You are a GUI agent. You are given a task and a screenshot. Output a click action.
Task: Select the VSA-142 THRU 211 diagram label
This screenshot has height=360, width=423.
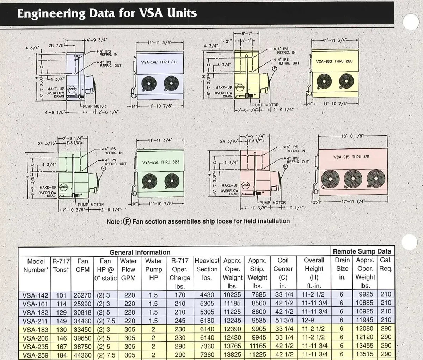pos(159,62)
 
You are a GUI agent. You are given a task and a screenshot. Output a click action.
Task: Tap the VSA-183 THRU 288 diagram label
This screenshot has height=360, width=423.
pos(334,61)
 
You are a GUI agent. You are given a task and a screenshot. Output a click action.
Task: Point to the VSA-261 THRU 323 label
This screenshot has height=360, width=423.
pos(161,163)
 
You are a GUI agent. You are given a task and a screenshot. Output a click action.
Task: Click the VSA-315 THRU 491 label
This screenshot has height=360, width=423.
pos(351,157)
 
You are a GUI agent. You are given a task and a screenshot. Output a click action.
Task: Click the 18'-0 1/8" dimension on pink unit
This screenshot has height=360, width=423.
pos(352,136)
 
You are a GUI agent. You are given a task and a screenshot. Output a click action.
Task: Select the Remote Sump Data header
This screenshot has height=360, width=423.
pos(362,251)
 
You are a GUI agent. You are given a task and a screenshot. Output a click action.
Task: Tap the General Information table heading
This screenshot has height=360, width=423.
pos(140,252)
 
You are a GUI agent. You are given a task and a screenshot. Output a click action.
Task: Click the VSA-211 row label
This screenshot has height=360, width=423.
pos(35,321)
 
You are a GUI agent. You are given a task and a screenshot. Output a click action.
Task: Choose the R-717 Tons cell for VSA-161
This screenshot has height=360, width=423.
pos(61,304)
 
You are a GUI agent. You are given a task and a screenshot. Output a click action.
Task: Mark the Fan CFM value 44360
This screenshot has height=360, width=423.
pos(82,355)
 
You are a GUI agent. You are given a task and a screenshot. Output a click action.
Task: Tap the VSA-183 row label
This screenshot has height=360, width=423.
pos(35,329)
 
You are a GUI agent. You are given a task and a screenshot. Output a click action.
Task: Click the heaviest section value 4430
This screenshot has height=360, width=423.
pos(207,295)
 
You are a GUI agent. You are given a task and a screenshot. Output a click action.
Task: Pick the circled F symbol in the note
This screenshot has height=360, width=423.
pos(127,221)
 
